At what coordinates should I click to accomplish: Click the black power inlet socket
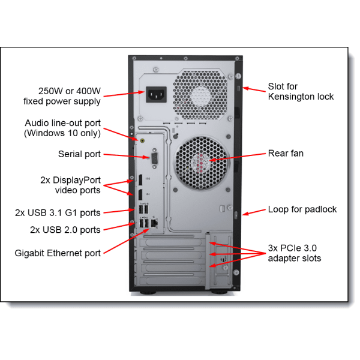[x=157, y=94]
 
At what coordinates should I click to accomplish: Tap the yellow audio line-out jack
[x=142, y=140]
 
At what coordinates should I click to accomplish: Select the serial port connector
[x=155, y=158]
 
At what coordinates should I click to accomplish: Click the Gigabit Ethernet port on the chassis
[x=154, y=223]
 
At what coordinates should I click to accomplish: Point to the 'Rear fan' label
[x=286, y=154]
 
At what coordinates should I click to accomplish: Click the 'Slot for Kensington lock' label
[x=301, y=92]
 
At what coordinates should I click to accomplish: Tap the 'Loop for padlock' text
[x=302, y=209]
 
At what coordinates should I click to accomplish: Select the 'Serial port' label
[x=79, y=154]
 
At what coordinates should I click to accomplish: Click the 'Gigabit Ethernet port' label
[x=58, y=253]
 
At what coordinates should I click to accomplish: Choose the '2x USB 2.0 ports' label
[x=65, y=230]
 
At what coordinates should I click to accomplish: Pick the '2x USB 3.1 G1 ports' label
[x=58, y=213]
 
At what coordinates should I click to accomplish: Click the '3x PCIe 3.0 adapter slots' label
[x=295, y=253]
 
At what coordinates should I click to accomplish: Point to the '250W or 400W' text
[x=70, y=91]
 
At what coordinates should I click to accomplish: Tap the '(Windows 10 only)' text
[x=62, y=133]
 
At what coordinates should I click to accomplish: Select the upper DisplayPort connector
[x=140, y=180]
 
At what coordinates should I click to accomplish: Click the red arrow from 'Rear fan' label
[x=237, y=157]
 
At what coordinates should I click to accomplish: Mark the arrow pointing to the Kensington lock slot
[x=254, y=89]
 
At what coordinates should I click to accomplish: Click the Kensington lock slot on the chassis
[x=238, y=88]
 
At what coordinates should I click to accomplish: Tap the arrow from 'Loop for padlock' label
[x=254, y=212]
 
